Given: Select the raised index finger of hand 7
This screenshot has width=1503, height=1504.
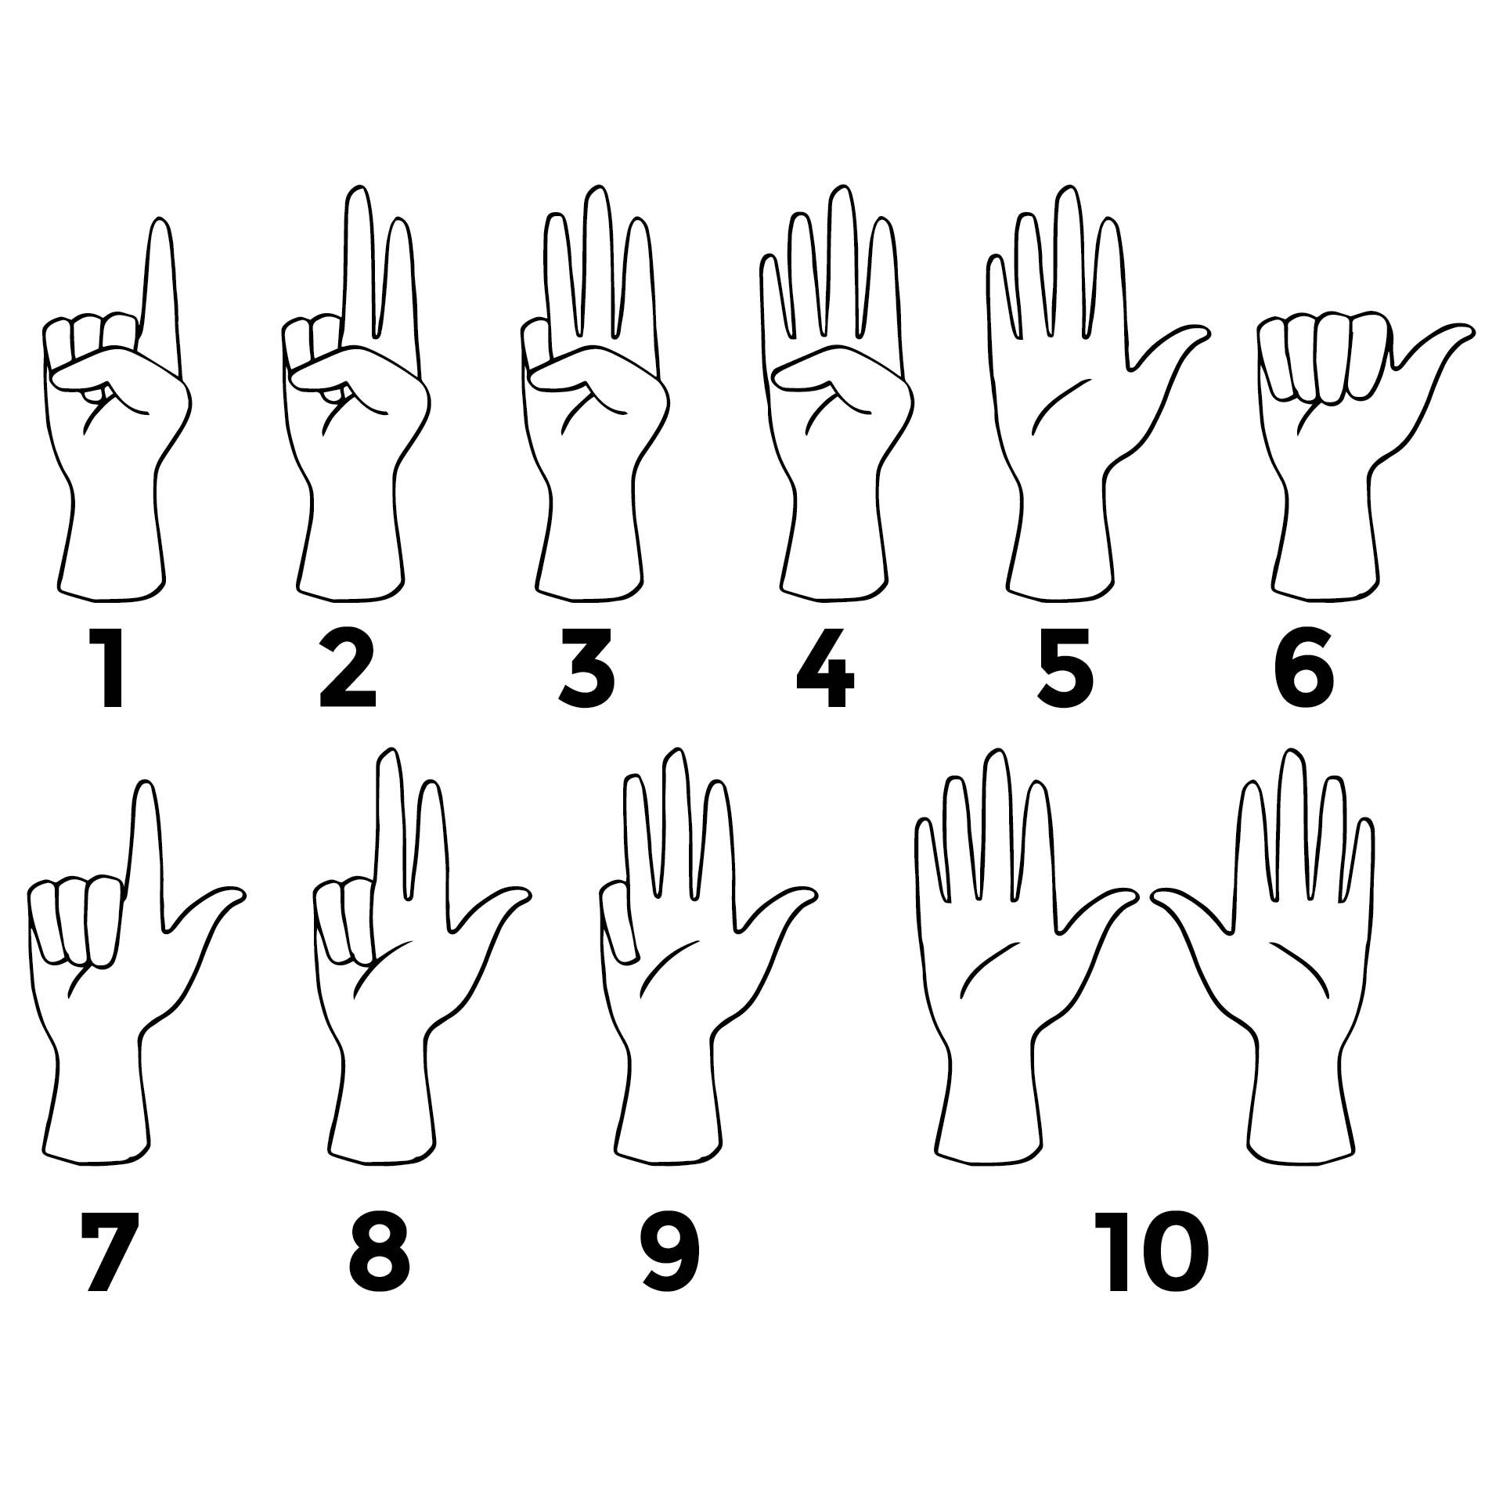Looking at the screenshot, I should [144, 846].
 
